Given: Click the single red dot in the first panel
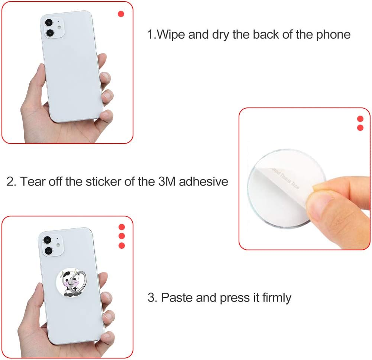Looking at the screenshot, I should click(121, 14).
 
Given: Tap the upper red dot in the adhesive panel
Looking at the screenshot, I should click(360, 119).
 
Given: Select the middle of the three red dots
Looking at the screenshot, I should click(122, 236).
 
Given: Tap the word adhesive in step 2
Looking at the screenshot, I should click(204, 181).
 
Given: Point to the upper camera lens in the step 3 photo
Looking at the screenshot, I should click(47, 240).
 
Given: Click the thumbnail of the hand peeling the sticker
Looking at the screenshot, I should click(304, 179).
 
